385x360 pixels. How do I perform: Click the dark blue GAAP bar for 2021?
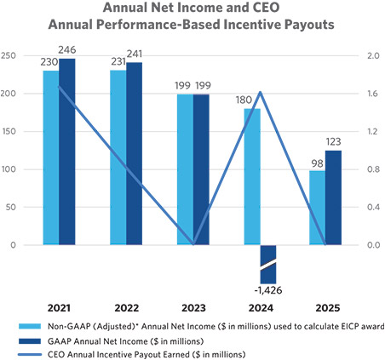[67, 151]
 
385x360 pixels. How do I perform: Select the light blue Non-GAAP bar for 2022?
[118, 157]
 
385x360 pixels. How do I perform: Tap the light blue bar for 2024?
[252, 177]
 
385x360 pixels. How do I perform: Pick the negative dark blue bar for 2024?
[268, 265]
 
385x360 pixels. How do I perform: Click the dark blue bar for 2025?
[333, 197]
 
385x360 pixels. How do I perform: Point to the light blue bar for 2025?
[318, 208]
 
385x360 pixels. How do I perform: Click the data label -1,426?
[268, 290]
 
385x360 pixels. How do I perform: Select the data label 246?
[67, 50]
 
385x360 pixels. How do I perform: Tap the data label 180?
[244, 100]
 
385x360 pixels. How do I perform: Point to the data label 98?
[317, 163]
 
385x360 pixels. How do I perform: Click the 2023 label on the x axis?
[193, 308]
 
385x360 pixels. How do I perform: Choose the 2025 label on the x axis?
[328, 308]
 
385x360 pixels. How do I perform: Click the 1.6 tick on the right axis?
[373, 94]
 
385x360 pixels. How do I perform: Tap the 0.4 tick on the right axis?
[373, 207]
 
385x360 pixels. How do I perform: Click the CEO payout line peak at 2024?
[261, 92]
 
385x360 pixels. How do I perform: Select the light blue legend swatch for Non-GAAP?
[30, 326]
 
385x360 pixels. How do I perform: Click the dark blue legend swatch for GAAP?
[30, 341]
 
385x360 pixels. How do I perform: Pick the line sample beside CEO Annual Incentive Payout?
[30, 355]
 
